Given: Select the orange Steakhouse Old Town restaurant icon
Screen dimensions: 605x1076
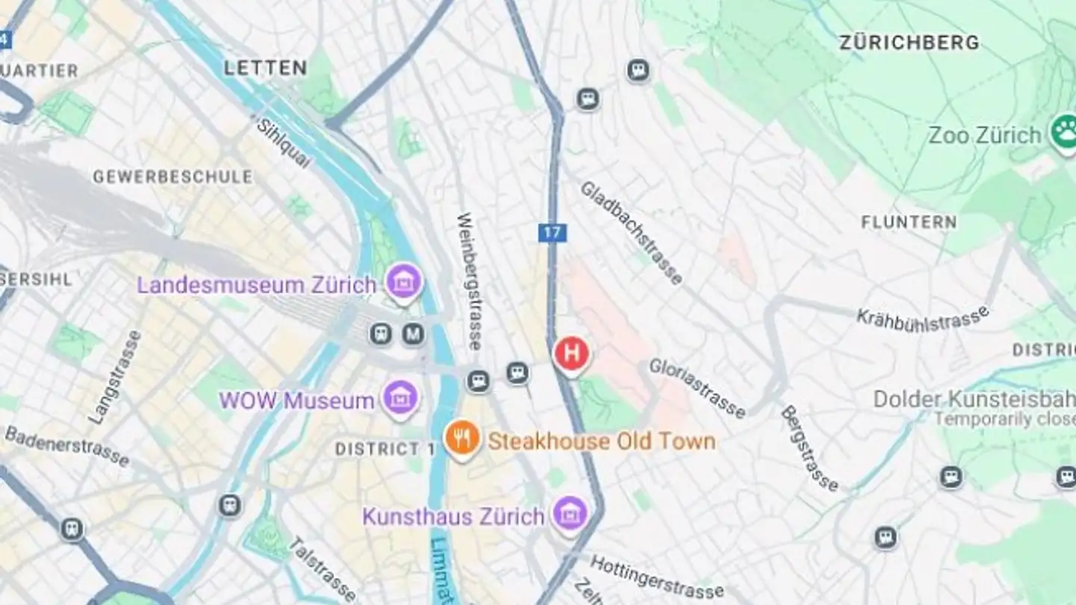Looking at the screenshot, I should click(463, 438).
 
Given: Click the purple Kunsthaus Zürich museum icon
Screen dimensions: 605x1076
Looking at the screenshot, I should click(570, 515).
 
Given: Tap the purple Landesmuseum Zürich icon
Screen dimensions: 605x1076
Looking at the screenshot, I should click(404, 282).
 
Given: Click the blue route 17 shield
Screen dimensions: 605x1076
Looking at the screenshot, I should click(552, 232).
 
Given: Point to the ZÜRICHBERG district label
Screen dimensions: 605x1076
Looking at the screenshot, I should click(909, 43).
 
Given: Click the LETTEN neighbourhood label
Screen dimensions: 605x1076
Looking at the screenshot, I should click(265, 68).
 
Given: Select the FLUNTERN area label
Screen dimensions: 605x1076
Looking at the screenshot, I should click(909, 222).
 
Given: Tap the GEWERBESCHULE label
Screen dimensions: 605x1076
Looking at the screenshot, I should click(172, 177).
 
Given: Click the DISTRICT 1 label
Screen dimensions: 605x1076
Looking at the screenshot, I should click(385, 449).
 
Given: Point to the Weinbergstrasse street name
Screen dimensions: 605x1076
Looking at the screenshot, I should click(469, 282).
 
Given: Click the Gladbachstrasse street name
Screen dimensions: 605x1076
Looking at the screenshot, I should click(631, 232).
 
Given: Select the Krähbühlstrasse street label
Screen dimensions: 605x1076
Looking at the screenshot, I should click(923, 317).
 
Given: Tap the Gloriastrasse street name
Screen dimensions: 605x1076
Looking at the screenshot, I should click(696, 388).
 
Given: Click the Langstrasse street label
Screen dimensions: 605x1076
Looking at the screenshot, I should click(114, 378).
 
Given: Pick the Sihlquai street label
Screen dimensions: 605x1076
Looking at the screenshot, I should click(283, 142).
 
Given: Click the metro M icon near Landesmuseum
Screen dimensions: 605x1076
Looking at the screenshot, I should click(413, 334).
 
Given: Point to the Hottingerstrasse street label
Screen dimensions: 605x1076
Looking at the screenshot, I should click(657, 577).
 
